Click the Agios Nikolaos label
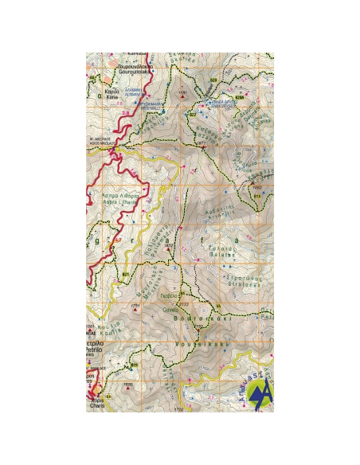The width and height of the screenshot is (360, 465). (x=101, y=143)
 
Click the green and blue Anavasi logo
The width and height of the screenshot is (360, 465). (x=260, y=391)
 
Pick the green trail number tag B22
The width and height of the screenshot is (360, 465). (x=193, y=115)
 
